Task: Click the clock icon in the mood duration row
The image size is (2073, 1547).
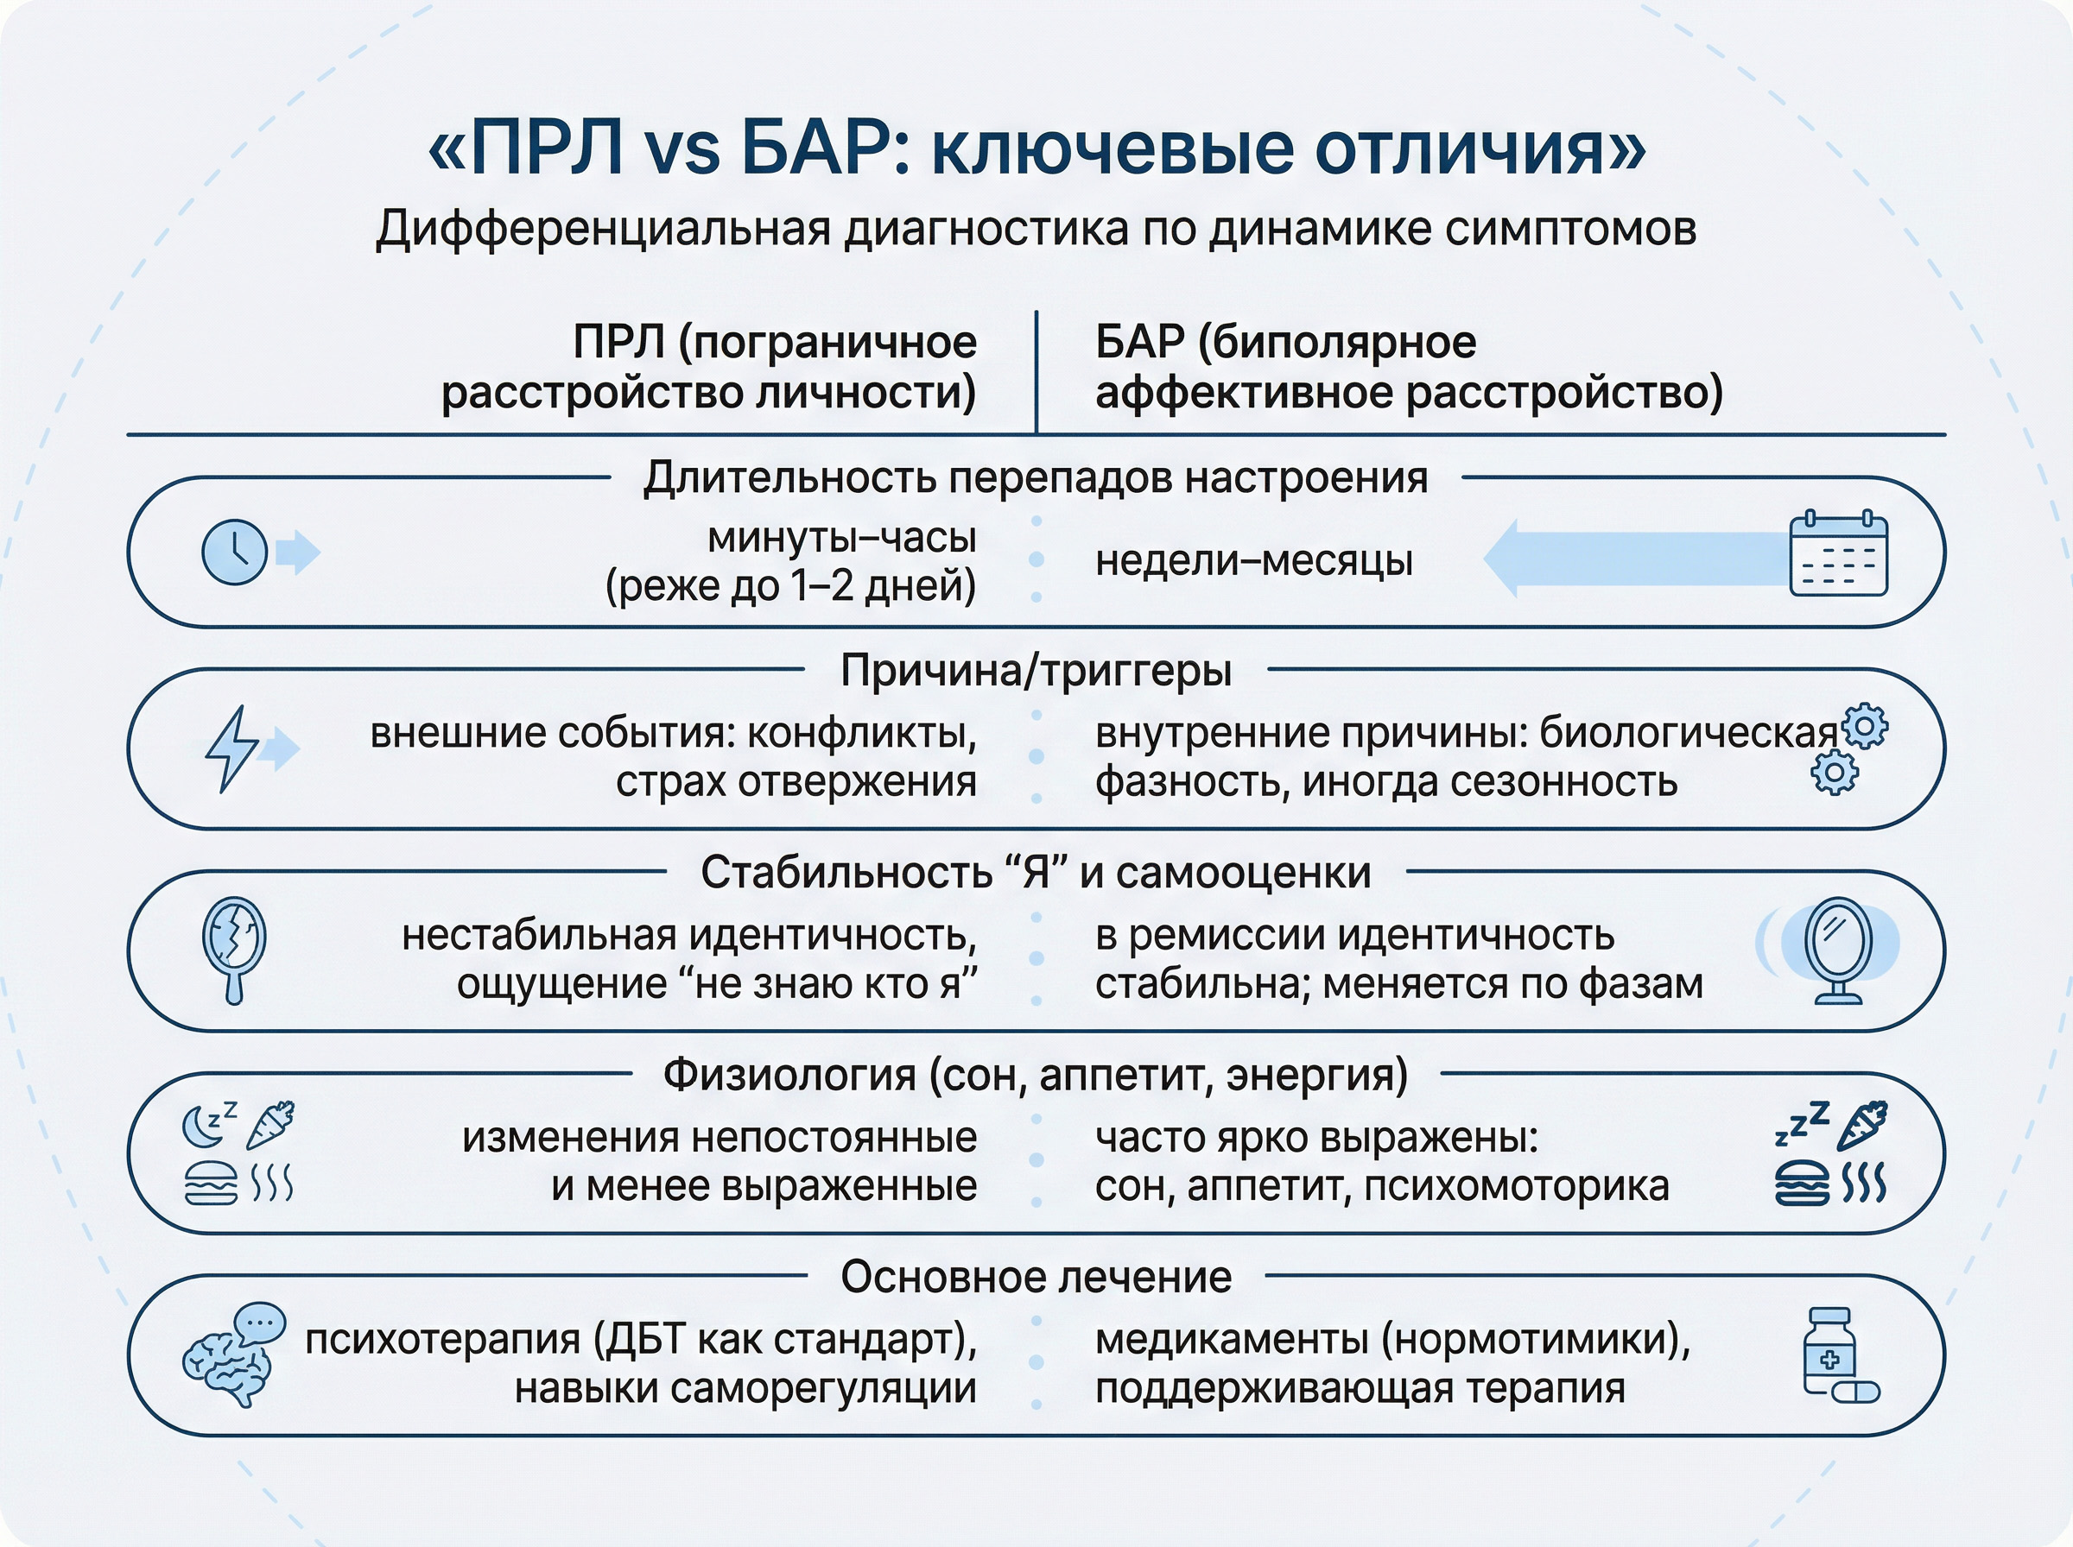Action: pyautogui.click(x=234, y=552)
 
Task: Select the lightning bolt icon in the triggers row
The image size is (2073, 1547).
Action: pyautogui.click(x=231, y=748)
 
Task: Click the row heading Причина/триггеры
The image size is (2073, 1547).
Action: pyautogui.click(x=1036, y=671)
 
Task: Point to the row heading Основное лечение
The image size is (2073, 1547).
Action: pyautogui.click(x=1036, y=1278)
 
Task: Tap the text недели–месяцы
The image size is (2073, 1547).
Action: pyautogui.click(x=1254, y=561)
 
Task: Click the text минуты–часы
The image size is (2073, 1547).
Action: pyautogui.click(x=842, y=538)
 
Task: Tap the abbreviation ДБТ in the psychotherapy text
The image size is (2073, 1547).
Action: pyautogui.click(x=641, y=1339)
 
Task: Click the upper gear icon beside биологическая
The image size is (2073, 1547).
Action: pyautogui.click(x=1865, y=726)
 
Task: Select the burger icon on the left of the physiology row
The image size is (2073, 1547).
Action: pyautogui.click(x=212, y=1183)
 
